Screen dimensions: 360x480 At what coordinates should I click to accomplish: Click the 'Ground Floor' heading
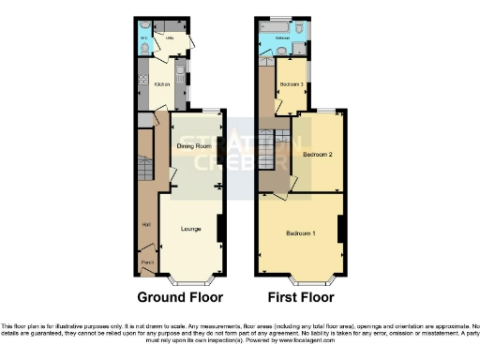180,298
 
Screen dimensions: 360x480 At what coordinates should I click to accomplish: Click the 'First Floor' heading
301,298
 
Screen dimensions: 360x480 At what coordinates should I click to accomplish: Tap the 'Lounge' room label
190,229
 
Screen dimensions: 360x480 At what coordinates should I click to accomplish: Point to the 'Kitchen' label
160,83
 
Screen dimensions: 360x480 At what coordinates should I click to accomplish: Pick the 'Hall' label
145,224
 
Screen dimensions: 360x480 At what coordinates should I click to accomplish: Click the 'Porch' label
146,262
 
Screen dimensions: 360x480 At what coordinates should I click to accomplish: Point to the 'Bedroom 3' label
292,85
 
